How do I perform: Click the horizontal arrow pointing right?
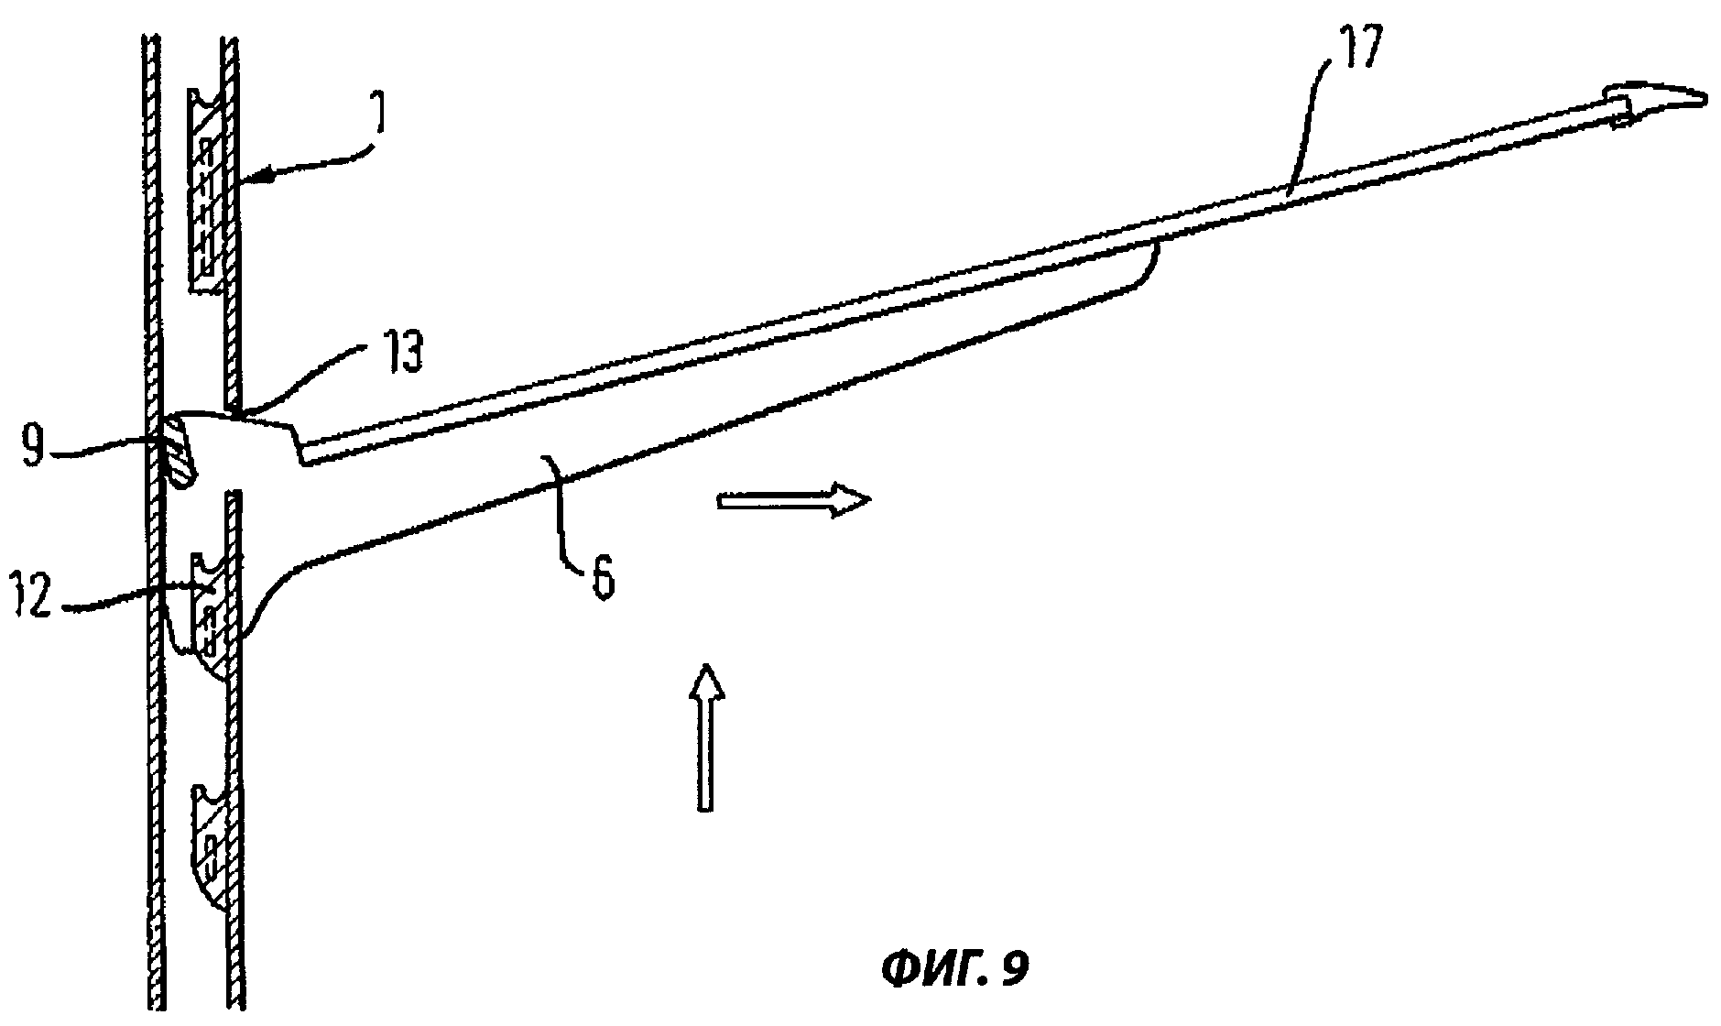pyautogui.click(x=793, y=501)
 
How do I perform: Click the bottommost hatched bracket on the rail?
pyautogui.click(x=210, y=847)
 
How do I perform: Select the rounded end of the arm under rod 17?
pyautogui.click(x=1149, y=261)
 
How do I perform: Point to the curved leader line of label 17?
pyautogui.click(x=1311, y=137)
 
